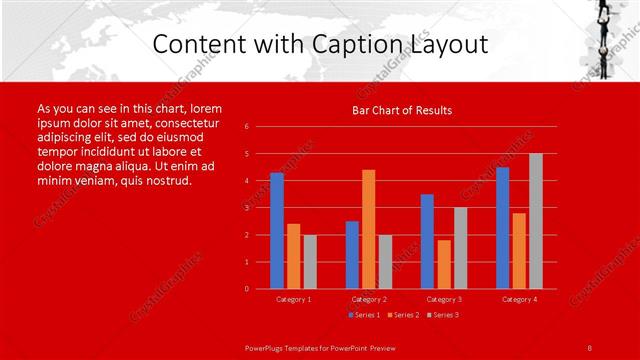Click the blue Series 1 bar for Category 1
point(277,231)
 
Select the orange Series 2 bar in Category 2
point(369,229)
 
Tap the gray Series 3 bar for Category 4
point(536,221)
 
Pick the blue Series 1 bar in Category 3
point(427,241)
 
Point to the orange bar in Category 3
point(444,264)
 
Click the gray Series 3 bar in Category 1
point(310,262)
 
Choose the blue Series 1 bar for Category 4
point(502,228)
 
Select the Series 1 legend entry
point(363,314)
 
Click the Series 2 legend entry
point(402,314)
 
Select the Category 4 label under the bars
point(519,299)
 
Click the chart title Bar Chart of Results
point(402,110)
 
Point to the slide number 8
point(590,347)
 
